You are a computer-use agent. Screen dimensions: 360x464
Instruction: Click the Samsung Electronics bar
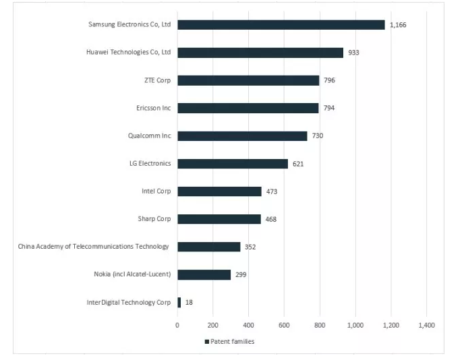click(x=281, y=25)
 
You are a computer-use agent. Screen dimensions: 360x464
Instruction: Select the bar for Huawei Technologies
click(x=260, y=53)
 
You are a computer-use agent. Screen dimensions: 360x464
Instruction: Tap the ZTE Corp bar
click(x=248, y=80)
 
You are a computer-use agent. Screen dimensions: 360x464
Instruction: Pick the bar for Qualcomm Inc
click(x=242, y=136)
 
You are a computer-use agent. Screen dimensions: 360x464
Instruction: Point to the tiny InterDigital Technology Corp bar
click(x=179, y=302)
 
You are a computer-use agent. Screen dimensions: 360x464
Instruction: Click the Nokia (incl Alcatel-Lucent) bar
click(x=204, y=274)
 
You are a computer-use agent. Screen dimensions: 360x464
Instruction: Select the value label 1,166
click(x=398, y=25)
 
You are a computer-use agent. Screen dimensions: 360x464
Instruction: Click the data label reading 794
click(x=329, y=108)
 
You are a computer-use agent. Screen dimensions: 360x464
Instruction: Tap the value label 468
click(x=271, y=219)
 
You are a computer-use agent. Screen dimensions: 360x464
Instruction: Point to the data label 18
click(x=189, y=302)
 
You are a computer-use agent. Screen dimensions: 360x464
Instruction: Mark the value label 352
click(x=251, y=247)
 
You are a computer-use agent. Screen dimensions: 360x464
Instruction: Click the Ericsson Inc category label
click(x=154, y=108)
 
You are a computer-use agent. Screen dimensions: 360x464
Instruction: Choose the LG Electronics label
click(x=150, y=163)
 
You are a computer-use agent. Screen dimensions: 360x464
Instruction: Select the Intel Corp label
click(x=156, y=191)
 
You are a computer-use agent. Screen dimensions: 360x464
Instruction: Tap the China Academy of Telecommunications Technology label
click(x=93, y=246)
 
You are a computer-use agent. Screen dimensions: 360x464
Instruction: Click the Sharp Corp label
click(x=154, y=218)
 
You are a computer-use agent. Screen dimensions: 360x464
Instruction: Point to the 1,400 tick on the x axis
click(x=426, y=325)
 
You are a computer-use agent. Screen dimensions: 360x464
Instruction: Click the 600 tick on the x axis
click(x=284, y=325)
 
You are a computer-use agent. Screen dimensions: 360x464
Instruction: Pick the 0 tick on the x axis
click(x=177, y=325)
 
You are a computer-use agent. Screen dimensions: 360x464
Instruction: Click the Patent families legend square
click(x=207, y=342)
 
